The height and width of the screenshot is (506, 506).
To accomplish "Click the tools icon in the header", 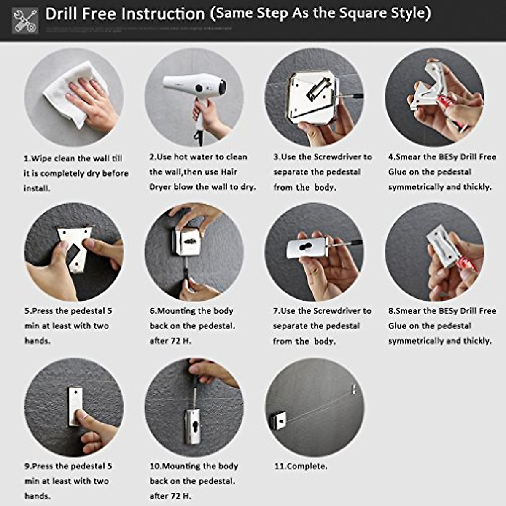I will point(25,20).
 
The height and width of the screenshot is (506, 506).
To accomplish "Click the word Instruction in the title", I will point(166,14).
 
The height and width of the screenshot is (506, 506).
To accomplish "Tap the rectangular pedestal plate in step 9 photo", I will point(75,406).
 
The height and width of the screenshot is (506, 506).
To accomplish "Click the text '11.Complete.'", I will point(301,466).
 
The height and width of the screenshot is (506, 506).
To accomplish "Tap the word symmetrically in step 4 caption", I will point(415,187).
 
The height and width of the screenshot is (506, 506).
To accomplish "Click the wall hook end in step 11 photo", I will point(354,388).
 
